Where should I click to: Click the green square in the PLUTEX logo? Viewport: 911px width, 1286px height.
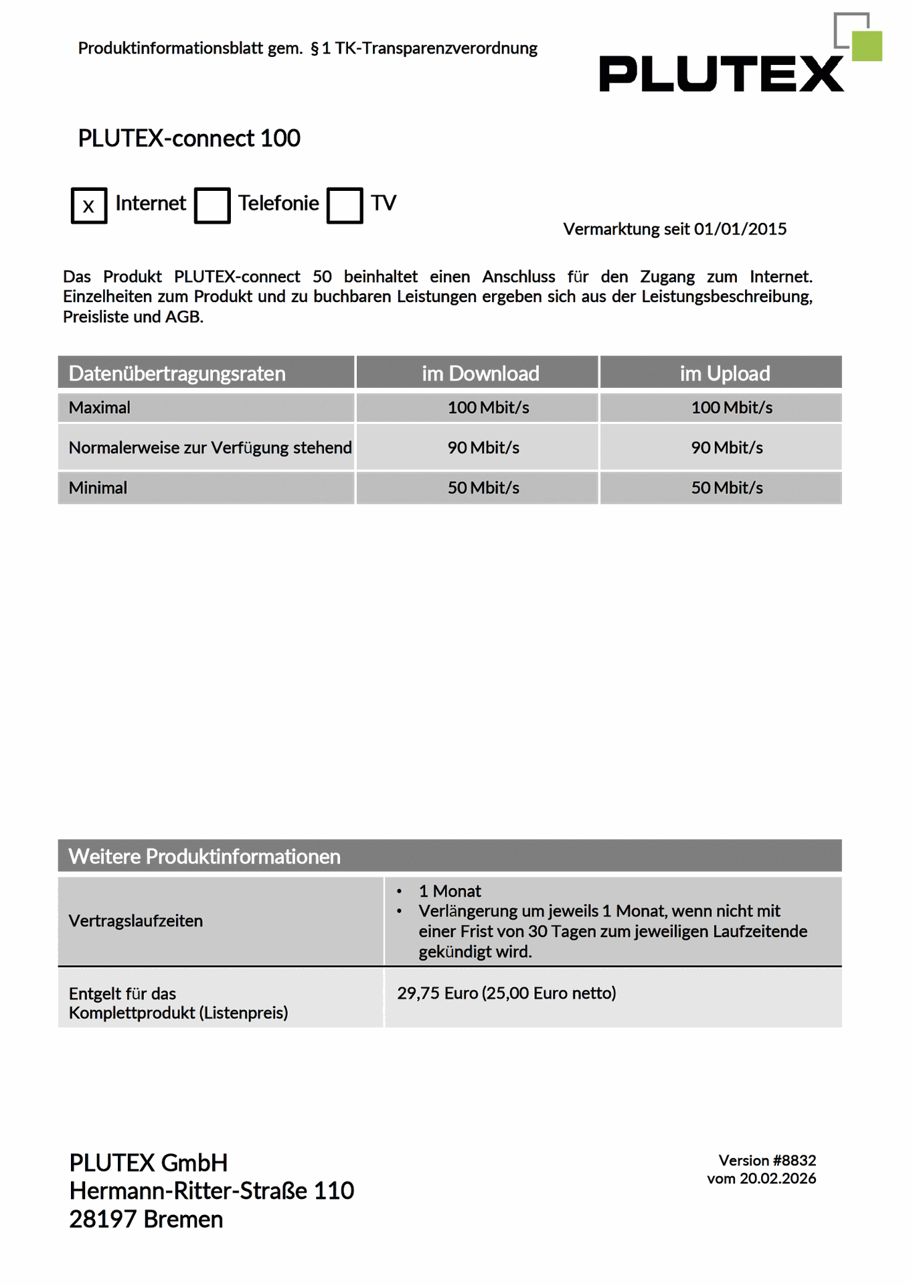(867, 46)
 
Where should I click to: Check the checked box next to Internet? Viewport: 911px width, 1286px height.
(89, 206)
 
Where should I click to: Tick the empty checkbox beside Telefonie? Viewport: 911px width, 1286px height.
(212, 206)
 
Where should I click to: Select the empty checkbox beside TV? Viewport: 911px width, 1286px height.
(345, 206)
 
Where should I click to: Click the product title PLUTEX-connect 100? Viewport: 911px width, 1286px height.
(189, 139)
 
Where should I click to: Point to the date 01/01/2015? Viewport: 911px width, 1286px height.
(740, 229)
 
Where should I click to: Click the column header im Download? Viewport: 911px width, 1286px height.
(480, 373)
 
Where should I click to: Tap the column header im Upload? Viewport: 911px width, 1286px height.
(724, 373)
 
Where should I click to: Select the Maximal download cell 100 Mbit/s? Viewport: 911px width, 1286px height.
(488, 407)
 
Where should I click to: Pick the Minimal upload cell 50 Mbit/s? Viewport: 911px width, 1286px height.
(727, 488)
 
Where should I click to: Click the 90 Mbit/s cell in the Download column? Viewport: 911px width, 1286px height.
(483, 447)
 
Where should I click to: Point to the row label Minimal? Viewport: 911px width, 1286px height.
(98, 488)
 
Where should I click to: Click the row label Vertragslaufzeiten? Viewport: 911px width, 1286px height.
(136, 921)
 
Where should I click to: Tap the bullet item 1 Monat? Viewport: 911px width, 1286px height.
(450, 891)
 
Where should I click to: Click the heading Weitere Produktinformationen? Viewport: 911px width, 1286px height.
(204, 856)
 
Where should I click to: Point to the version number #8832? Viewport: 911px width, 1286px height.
(795, 1160)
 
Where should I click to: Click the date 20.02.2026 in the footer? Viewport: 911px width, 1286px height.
(778, 1178)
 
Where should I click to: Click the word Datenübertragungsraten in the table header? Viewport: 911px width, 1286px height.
(177, 373)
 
